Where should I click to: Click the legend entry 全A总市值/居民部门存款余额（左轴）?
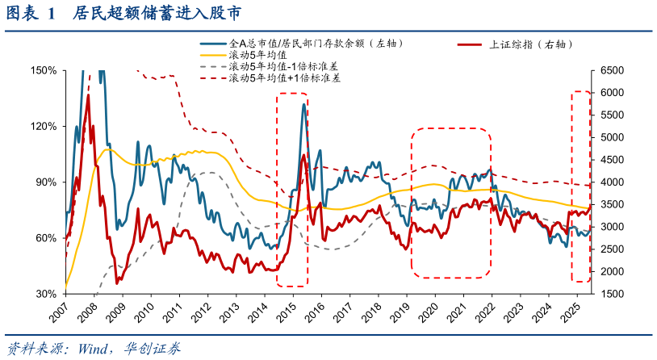click(x=316, y=44)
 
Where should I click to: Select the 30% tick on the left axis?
click(x=44, y=294)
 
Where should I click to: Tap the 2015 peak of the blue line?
click(x=304, y=104)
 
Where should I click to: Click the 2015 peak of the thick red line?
click(x=303, y=156)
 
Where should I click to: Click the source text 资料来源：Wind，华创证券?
click(x=93, y=349)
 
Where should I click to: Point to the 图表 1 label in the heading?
click(x=32, y=14)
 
